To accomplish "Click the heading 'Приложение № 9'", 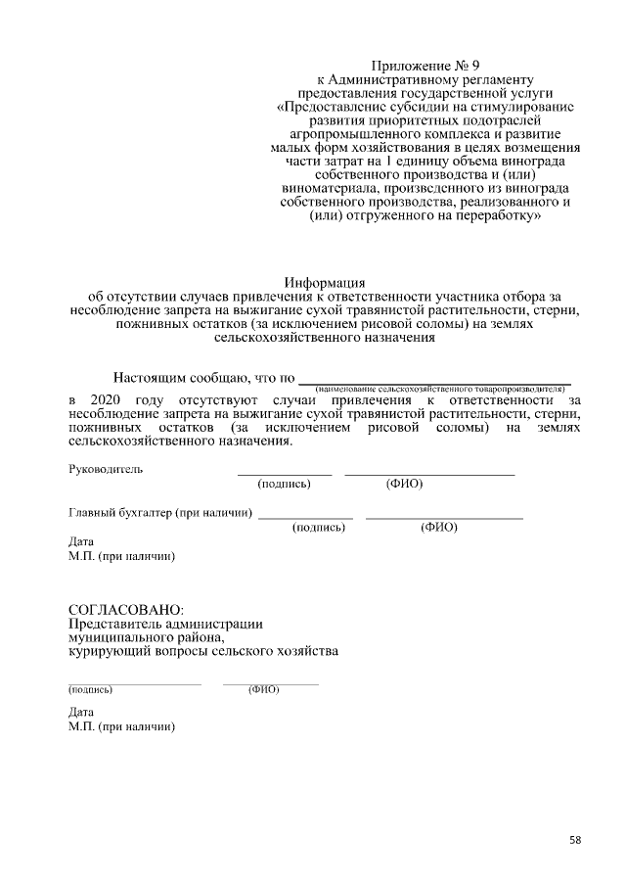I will point(425,65).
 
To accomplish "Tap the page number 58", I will point(575,840).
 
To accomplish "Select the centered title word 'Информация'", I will point(324,283).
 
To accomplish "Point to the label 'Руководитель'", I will point(106,469).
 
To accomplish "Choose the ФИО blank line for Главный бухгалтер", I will point(444,516).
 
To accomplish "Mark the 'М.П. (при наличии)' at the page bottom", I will point(121,727).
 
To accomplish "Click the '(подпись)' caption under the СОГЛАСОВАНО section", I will point(90,689).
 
